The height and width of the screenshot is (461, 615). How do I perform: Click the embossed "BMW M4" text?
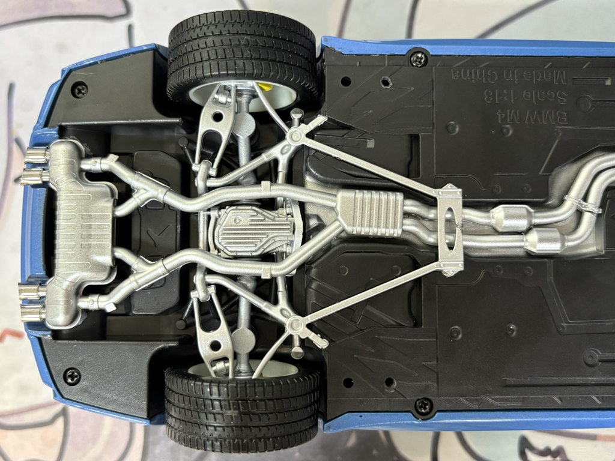(532, 117)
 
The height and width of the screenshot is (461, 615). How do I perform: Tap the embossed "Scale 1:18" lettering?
(526, 97)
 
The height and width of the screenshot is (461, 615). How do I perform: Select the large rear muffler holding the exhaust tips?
(83, 234)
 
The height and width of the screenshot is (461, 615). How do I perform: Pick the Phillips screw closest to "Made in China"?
(418, 59)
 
